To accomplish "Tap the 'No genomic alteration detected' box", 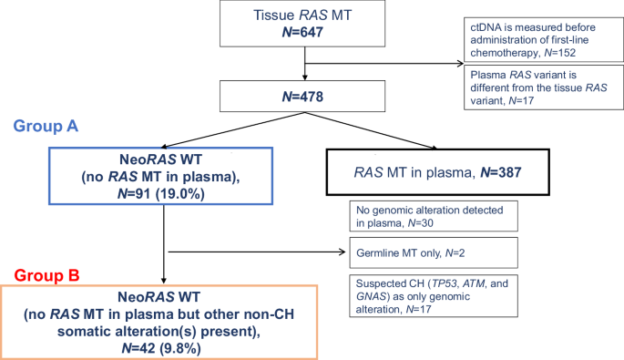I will click(433, 215).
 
